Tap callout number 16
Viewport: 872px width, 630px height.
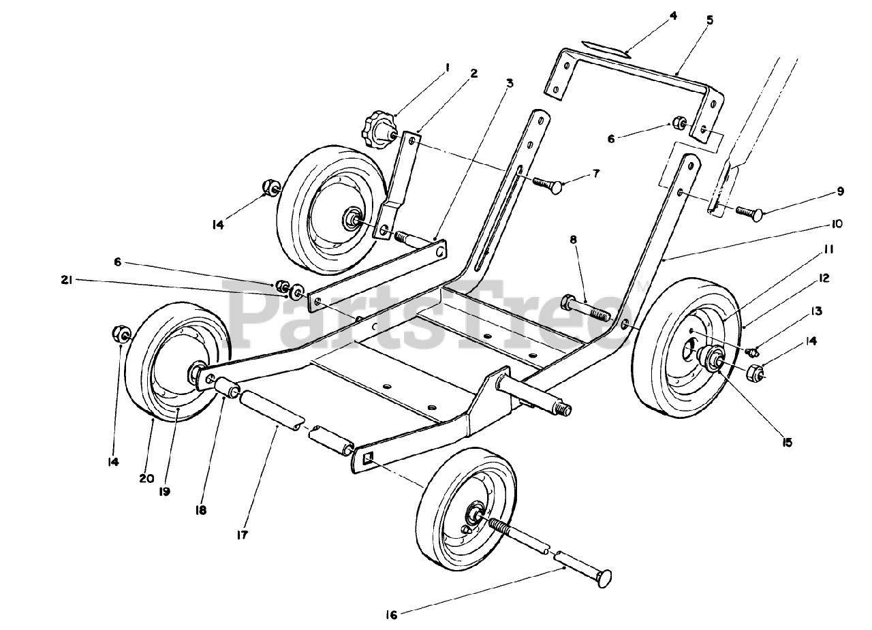tap(390, 615)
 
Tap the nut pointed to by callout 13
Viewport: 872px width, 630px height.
tap(753, 352)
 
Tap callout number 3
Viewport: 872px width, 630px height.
tap(509, 83)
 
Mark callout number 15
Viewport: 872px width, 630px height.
tap(788, 443)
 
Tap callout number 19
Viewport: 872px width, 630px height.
tap(165, 491)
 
